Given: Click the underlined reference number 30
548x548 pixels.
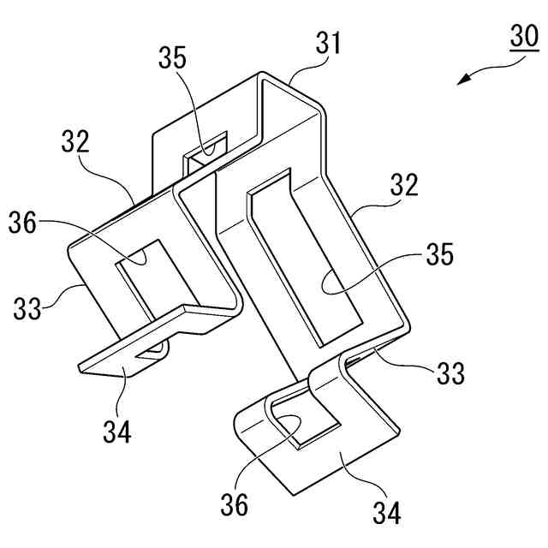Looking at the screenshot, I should pyautogui.click(x=521, y=39).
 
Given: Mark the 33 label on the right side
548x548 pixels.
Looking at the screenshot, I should pyautogui.click(x=447, y=372).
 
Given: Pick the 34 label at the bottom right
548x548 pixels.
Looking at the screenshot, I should pyautogui.click(x=384, y=513).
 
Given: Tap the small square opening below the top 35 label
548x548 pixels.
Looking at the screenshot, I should pyautogui.click(x=205, y=151).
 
